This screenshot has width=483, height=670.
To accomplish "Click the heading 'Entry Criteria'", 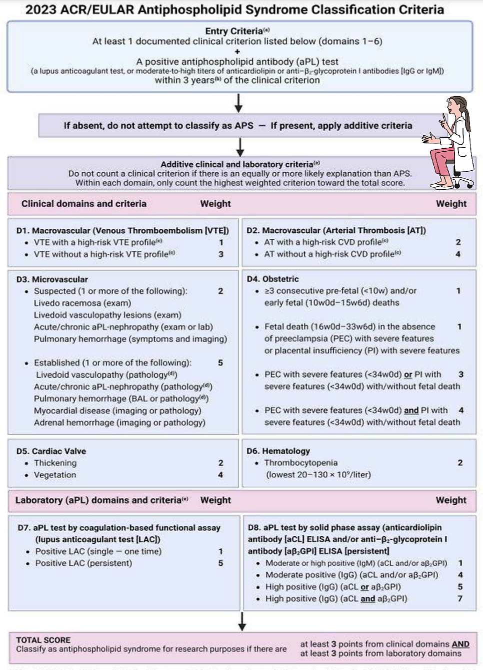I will coord(234,31).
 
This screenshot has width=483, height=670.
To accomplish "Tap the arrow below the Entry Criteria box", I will coord(238,103).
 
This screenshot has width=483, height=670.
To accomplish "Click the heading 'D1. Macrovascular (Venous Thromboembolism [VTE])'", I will coord(122,230).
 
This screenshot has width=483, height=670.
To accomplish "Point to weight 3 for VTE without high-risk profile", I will coord(220,254).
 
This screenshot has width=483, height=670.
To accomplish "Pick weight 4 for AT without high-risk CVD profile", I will coord(458,254).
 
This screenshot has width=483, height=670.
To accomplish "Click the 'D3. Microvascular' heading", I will coord(52,279).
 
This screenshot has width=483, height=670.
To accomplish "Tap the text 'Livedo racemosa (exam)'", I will coord(82,303).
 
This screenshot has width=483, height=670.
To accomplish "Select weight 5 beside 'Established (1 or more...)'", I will coord(220,363).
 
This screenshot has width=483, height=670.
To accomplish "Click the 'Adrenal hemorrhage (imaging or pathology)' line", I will coord(119,423).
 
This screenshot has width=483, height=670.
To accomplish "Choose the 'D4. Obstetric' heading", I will coord(272,279).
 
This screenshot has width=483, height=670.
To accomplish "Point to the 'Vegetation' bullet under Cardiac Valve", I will coord(55,475).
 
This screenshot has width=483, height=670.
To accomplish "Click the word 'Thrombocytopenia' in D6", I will coord(301,463).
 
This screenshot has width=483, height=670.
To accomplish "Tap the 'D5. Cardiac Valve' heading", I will coord(51,451).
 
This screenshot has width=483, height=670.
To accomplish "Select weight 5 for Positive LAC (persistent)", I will coord(220,563).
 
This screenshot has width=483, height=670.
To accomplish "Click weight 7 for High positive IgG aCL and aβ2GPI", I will coord(460,599).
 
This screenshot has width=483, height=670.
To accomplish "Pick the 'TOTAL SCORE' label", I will coord(43,640).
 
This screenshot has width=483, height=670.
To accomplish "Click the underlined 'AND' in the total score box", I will coord(460,644).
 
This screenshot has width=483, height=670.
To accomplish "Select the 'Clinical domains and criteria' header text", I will coord(84,204).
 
